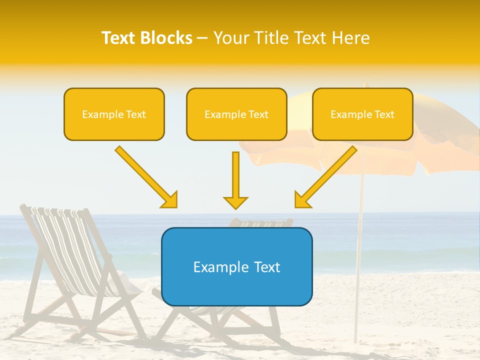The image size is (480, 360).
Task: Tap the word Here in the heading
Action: click(x=351, y=38)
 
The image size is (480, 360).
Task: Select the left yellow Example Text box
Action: click(x=114, y=114)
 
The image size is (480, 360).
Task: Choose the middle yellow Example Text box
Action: click(x=236, y=114)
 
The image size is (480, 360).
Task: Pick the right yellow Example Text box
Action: click(x=362, y=114)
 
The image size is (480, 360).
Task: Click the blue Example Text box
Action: click(x=236, y=266)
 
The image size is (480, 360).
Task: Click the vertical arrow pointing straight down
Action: click(x=235, y=180)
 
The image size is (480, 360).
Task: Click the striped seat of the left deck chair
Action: click(x=75, y=250)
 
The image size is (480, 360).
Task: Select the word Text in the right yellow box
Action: click(x=384, y=114)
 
